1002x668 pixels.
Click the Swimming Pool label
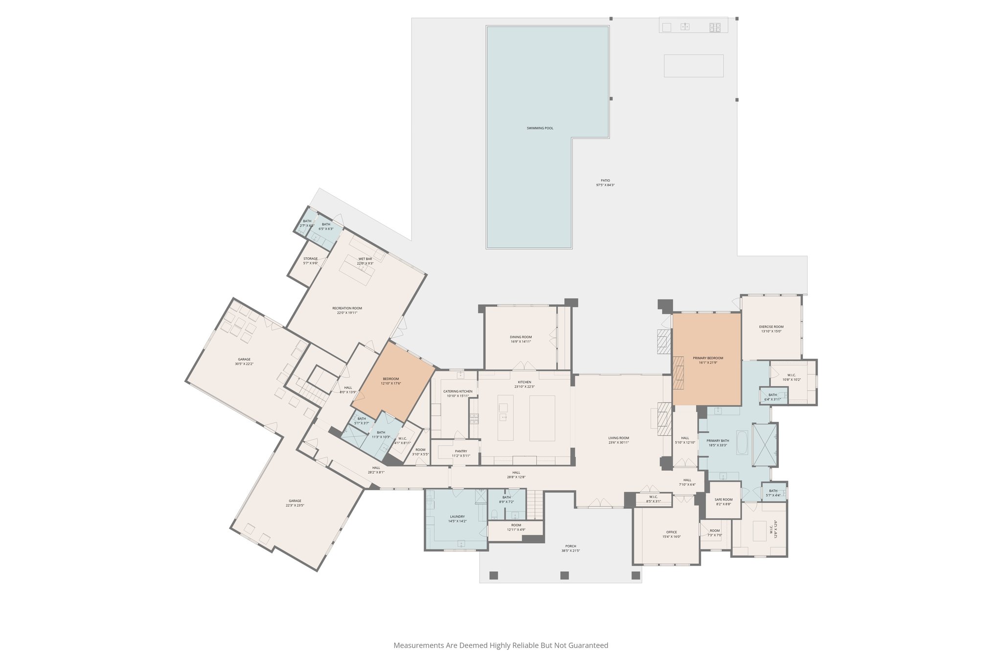click(x=540, y=128)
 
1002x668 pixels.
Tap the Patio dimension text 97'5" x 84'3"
click(x=605, y=185)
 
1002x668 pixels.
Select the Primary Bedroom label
click(x=707, y=358)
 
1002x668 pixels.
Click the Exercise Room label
click(x=771, y=327)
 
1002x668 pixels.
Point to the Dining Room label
click(x=521, y=337)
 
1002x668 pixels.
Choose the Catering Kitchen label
click(x=457, y=392)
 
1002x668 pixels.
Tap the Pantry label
click(x=460, y=451)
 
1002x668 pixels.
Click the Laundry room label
click(x=457, y=517)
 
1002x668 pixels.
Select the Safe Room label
click(x=723, y=500)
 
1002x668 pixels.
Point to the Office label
click(x=671, y=532)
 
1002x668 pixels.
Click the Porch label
click(x=570, y=546)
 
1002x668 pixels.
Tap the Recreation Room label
click(x=347, y=308)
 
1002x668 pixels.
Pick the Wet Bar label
click(x=365, y=259)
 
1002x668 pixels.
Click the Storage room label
click(x=310, y=259)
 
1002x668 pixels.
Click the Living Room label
click(x=618, y=438)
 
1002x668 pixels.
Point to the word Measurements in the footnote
click(x=418, y=645)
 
